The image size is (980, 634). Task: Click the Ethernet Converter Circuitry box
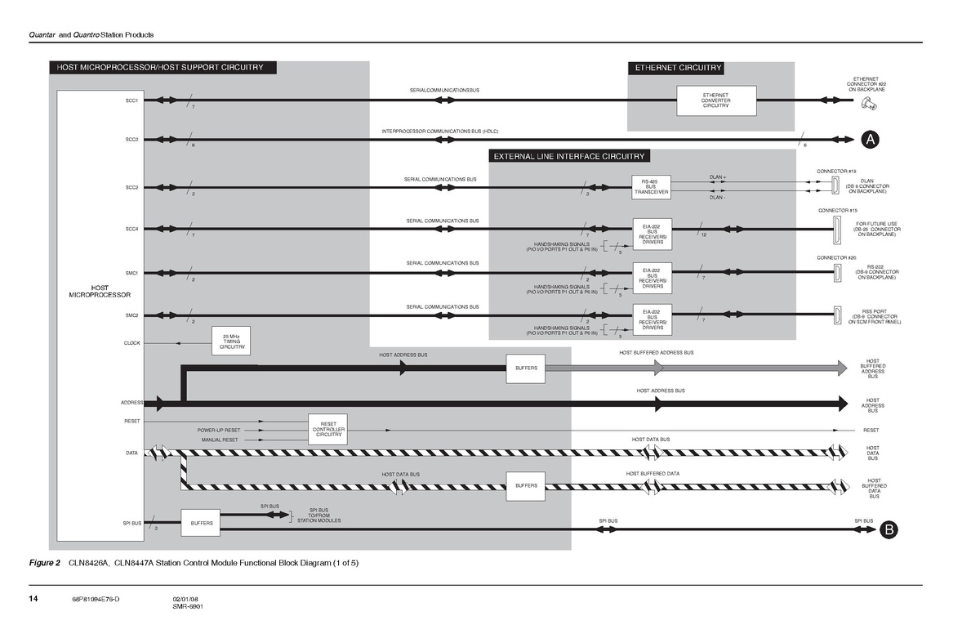[x=716, y=100]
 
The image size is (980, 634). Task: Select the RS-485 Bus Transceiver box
[x=652, y=188]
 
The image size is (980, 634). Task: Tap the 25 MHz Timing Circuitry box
[x=230, y=342]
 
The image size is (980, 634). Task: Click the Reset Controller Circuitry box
[x=328, y=429]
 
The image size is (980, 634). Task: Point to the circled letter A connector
[x=871, y=140]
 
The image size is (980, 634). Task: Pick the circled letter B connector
[x=889, y=531]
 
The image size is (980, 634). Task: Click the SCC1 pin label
[x=131, y=100]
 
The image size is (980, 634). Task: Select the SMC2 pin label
[x=131, y=315]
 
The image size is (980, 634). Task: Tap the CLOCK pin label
[x=131, y=343]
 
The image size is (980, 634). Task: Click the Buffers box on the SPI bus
[x=202, y=523]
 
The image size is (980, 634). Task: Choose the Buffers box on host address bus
[x=526, y=368]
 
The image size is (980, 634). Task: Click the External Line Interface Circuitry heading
[x=568, y=156]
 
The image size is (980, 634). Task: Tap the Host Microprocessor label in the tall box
[x=100, y=291]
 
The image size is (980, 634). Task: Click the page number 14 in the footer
[x=33, y=600]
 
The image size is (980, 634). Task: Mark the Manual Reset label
[x=220, y=440]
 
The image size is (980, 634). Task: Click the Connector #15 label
[x=837, y=211]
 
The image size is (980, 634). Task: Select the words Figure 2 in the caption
[x=46, y=564]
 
